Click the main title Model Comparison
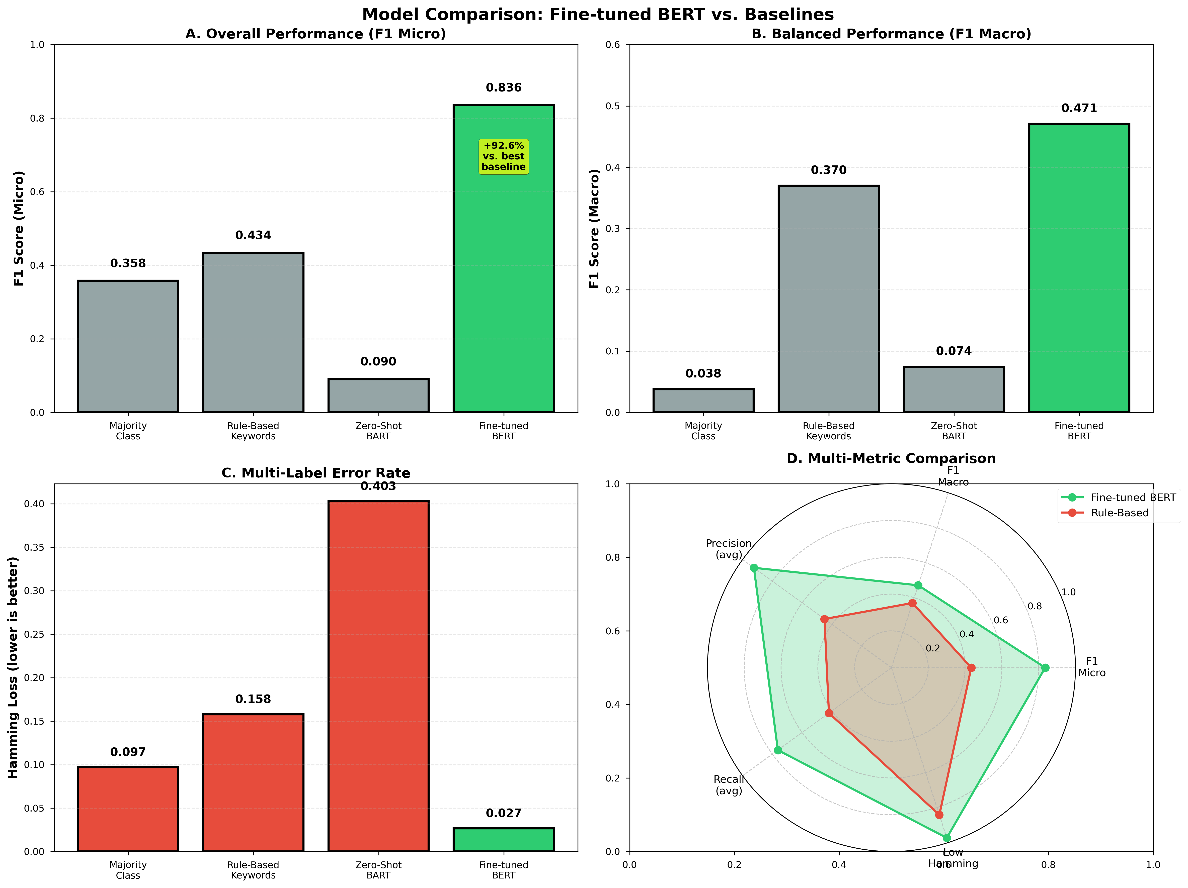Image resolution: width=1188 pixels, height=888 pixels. pos(598,15)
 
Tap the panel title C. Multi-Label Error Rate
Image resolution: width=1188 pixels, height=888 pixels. pos(316,473)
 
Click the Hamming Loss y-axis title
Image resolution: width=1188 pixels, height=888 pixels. pos(13,667)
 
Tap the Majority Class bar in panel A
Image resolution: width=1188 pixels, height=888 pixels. pos(128,346)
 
